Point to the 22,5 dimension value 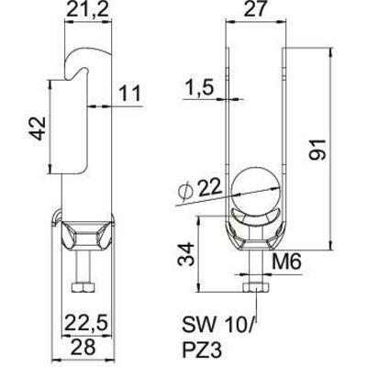[x=86, y=322]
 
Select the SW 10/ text [x=216, y=327]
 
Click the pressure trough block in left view [x=83, y=240]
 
